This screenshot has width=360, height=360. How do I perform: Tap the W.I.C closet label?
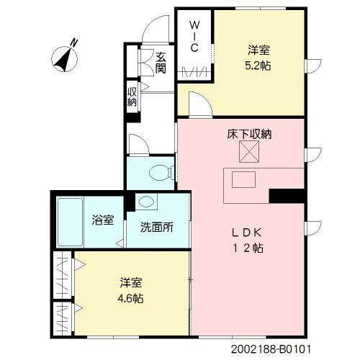click(x=194, y=36)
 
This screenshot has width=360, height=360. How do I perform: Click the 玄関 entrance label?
click(x=161, y=63)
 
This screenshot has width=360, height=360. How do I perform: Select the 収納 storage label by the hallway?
click(x=132, y=96)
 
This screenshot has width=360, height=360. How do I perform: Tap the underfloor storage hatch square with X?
click(x=249, y=152)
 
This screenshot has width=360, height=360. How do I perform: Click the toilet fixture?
click(x=163, y=172)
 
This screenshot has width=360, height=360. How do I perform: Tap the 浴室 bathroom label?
click(x=102, y=220)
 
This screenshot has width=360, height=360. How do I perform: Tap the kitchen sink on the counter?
click(x=243, y=179)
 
